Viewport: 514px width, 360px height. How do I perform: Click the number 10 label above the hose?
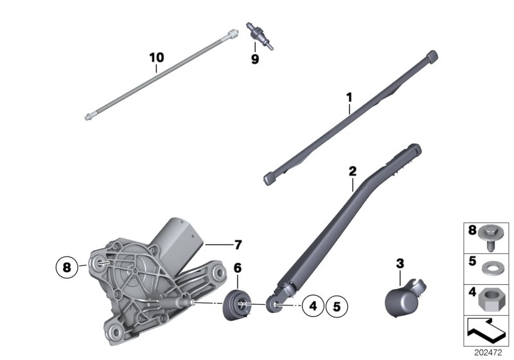point(156,57)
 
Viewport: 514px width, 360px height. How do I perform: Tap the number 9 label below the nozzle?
point(254,59)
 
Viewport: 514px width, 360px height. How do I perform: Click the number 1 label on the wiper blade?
point(349,98)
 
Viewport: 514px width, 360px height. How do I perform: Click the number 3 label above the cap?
point(400,263)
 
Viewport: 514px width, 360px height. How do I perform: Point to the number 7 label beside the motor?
point(237,244)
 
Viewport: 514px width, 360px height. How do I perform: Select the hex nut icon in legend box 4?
point(493,298)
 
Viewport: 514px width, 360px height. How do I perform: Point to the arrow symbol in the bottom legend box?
point(485,332)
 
